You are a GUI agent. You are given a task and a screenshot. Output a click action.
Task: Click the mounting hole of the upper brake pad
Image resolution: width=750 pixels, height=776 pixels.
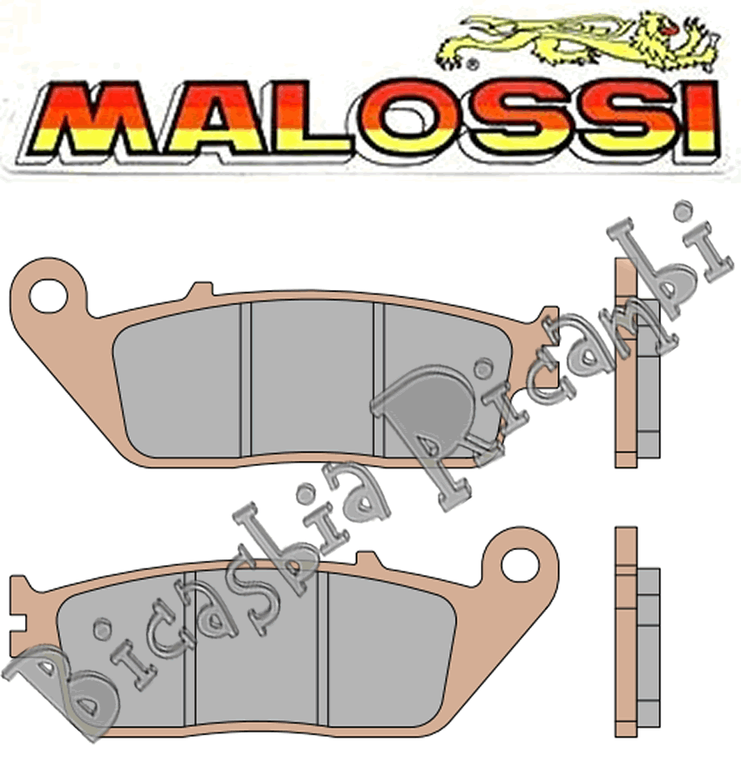coord(47,293)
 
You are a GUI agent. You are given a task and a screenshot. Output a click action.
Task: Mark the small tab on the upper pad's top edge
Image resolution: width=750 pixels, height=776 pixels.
coord(198,289)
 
